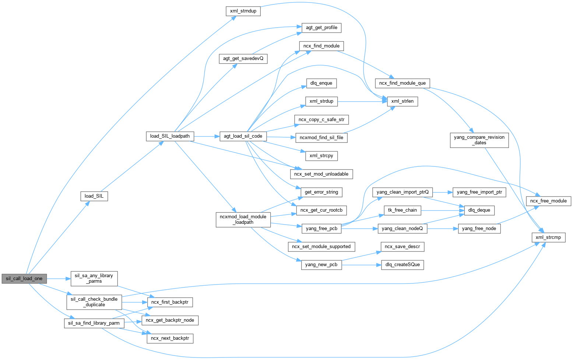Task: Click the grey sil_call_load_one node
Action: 24,279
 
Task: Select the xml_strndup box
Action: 243,11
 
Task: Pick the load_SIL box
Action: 94,196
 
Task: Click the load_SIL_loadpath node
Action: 170,136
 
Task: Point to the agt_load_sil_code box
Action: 243,136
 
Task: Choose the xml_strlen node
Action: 402,101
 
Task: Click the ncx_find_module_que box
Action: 402,83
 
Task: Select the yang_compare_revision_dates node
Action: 479,140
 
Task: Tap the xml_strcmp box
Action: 548,237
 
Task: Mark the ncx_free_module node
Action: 548,201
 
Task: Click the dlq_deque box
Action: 479,210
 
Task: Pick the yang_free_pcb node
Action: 321,229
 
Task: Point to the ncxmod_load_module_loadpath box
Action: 243,219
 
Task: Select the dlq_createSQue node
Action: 402,265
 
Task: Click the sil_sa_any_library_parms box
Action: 94,278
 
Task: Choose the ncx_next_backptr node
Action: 170,338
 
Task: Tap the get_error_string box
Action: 321,192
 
